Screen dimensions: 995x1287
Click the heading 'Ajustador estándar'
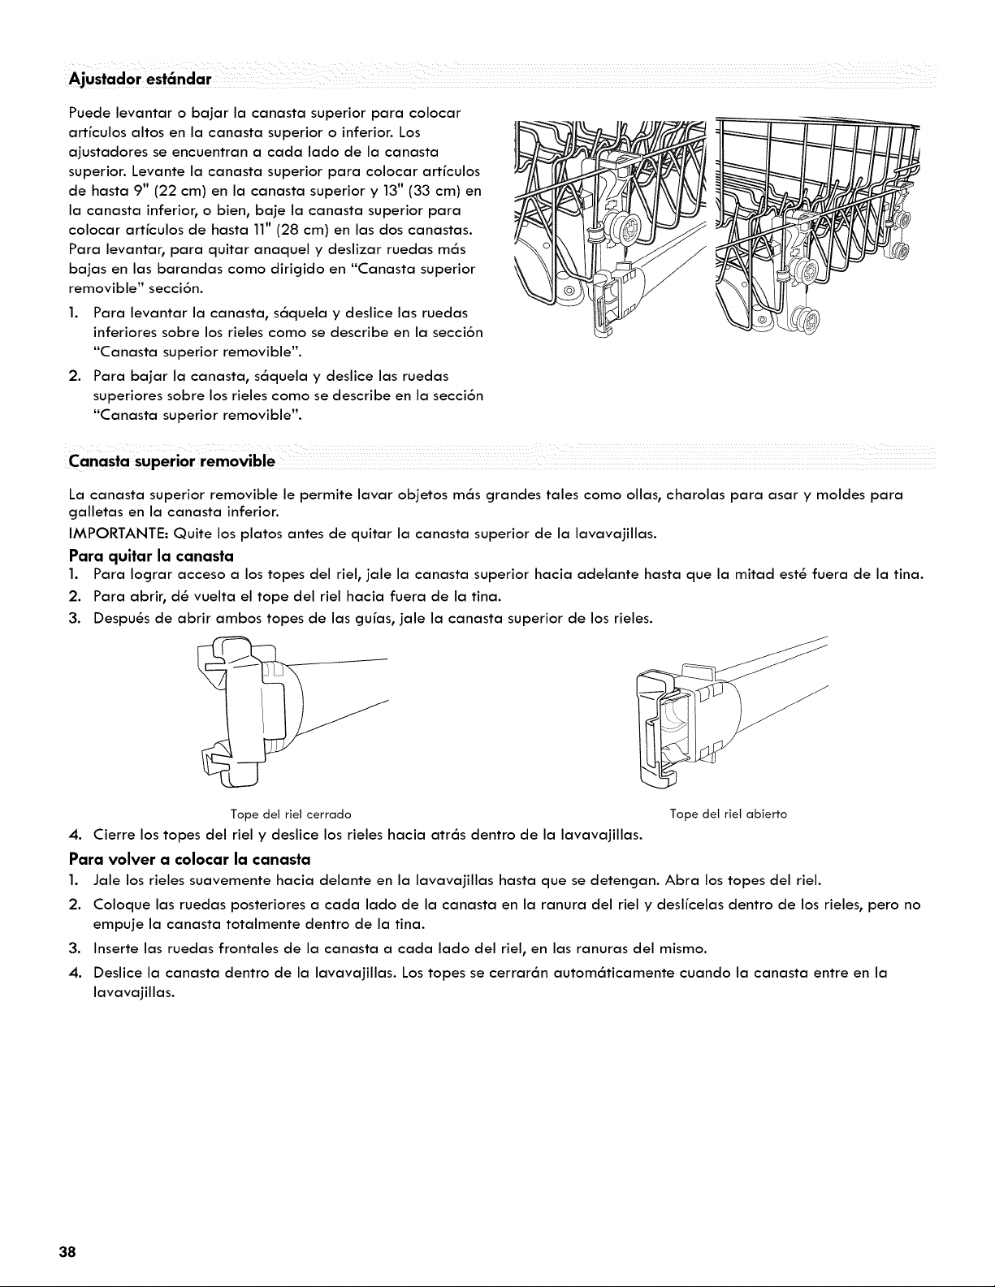[x=140, y=79]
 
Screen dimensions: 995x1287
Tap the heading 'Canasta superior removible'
[x=171, y=461]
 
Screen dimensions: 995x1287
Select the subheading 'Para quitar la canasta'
[x=151, y=556]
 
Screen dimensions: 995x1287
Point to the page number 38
[x=67, y=1252]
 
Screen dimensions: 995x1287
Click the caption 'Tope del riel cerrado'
[x=291, y=814]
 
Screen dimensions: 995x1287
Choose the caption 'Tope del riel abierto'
[x=729, y=814]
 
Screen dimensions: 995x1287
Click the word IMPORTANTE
[x=116, y=533]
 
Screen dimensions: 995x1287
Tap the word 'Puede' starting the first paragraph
[x=88, y=113]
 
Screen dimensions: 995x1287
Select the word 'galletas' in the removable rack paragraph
[x=93, y=512]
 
